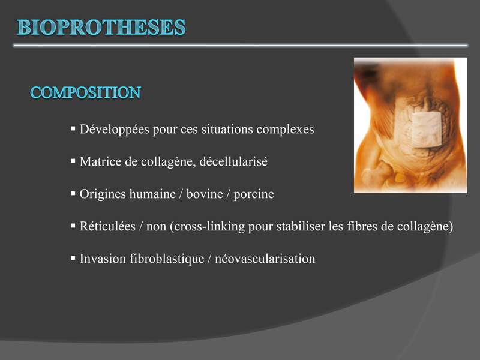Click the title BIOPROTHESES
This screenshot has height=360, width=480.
click(x=101, y=27)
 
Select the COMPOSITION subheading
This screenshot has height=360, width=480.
click(x=85, y=92)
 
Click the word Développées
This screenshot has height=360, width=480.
click(x=115, y=130)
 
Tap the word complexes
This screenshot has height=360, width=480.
click(x=285, y=130)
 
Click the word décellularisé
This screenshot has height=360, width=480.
click(x=233, y=161)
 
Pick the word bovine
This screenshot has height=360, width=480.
click(x=205, y=194)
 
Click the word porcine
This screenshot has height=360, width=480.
click(x=254, y=194)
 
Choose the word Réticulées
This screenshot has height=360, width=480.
click(x=107, y=226)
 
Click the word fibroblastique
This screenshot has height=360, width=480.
click(x=167, y=259)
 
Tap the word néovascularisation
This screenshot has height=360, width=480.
click(x=265, y=259)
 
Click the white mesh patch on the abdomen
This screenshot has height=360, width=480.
click(x=427, y=130)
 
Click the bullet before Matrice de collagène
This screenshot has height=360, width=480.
click(x=73, y=161)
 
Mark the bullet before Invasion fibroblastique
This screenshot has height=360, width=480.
click(x=73, y=258)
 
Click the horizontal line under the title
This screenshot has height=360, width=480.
click(x=241, y=46)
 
